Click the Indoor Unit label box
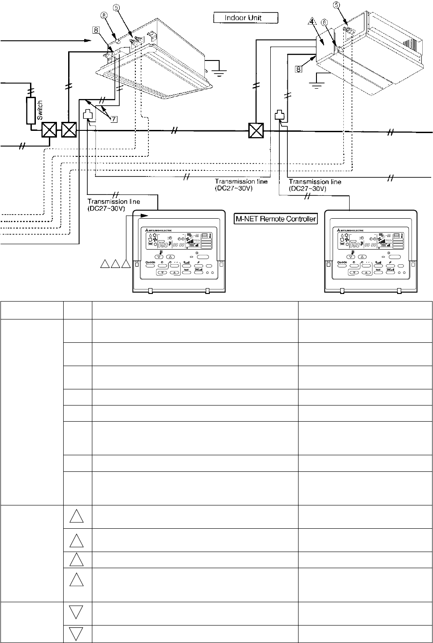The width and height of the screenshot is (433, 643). point(246,18)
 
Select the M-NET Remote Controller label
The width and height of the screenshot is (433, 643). point(276,219)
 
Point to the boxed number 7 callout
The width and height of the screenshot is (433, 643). point(114,119)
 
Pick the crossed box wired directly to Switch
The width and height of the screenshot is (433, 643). point(48,131)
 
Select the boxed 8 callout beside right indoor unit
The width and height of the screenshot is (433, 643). point(299,69)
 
